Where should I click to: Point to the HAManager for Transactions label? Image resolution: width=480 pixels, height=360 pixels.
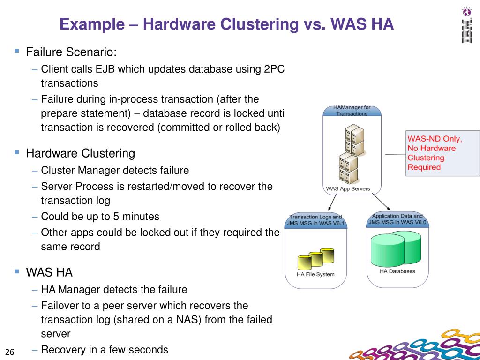(352, 111)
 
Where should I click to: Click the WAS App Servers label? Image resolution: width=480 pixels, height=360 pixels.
(348, 189)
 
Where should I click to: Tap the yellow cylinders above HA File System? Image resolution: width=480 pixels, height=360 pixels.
(316, 257)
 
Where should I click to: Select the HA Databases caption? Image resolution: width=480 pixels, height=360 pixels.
(397, 271)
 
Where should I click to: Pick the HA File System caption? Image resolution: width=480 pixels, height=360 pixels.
(315, 274)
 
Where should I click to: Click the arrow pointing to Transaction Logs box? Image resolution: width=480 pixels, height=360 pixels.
(331, 202)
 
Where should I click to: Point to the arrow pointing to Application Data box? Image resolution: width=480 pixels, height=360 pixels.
(382, 202)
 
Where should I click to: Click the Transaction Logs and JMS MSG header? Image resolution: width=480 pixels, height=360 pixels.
(315, 220)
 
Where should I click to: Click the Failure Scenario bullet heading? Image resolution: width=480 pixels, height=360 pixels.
(71, 52)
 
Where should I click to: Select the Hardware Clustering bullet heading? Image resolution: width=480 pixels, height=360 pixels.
(80, 153)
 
